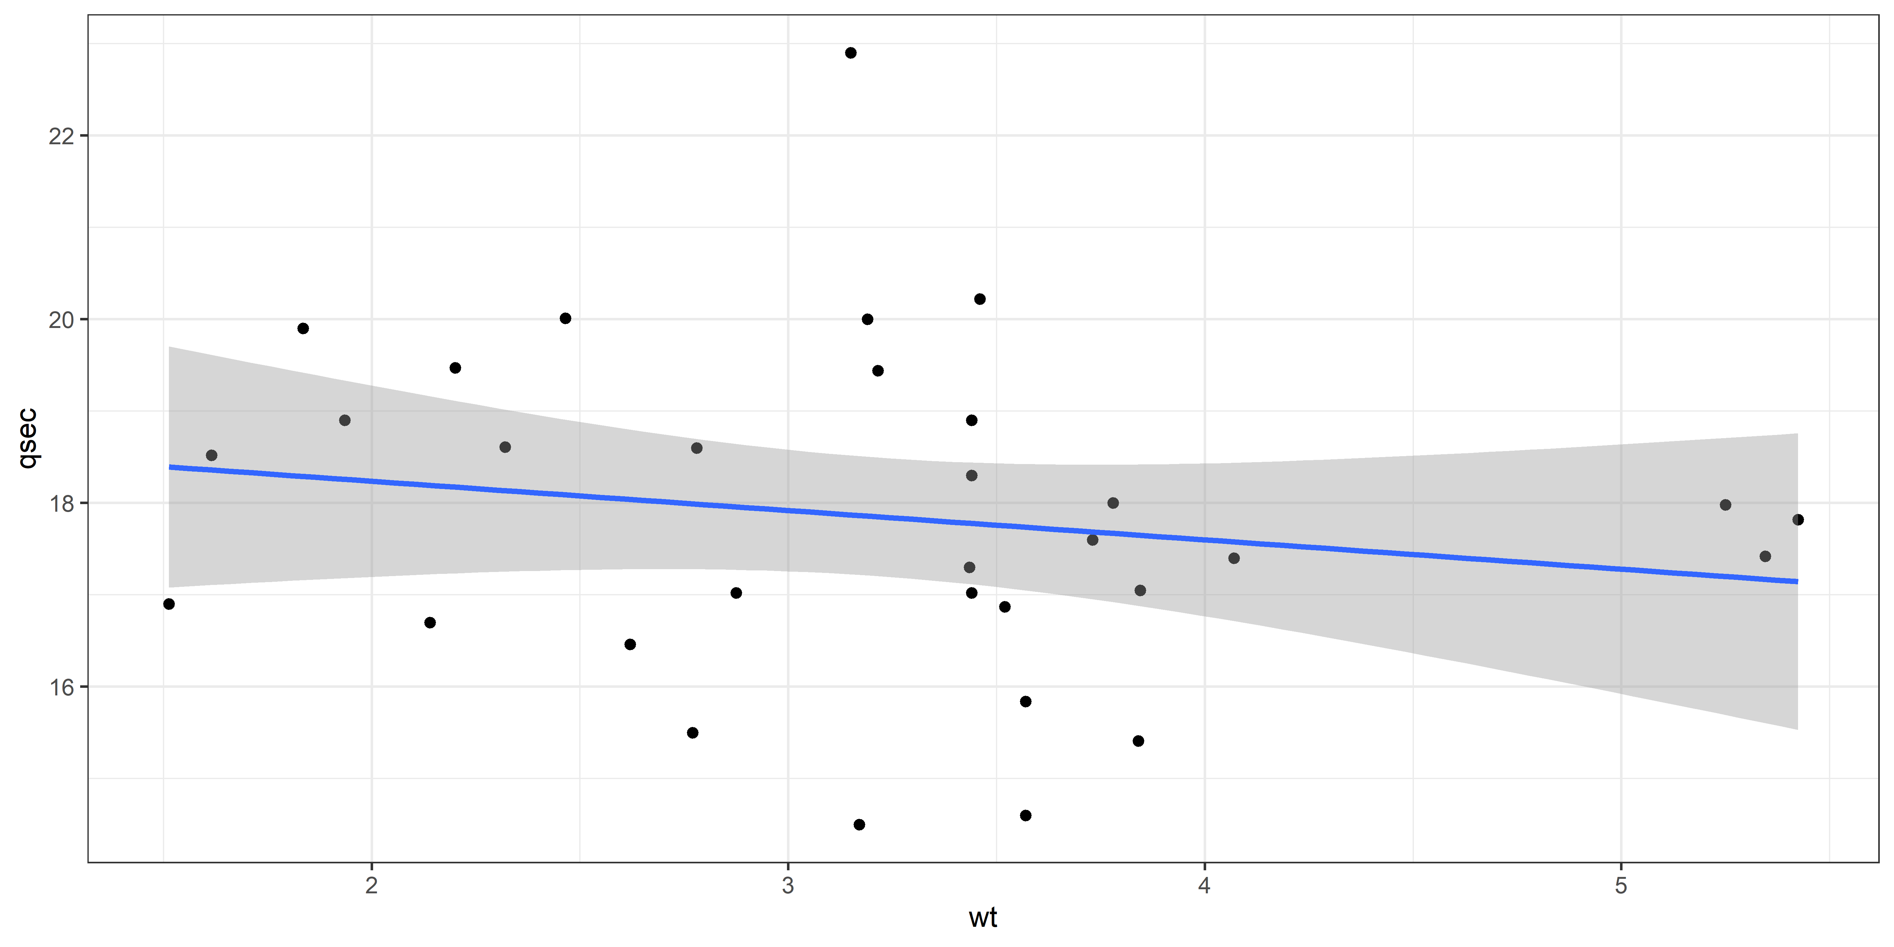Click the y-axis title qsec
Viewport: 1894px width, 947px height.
click(x=28, y=439)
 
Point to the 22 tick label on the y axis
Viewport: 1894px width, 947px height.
click(x=62, y=136)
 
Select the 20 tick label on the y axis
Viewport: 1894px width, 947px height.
click(x=62, y=320)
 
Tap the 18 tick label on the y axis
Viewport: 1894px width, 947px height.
click(x=62, y=503)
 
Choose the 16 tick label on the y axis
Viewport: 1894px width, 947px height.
click(x=62, y=688)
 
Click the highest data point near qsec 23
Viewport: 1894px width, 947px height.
click(x=851, y=53)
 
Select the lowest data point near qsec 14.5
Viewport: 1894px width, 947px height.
click(x=859, y=825)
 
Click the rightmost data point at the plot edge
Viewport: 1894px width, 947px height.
click(x=1798, y=520)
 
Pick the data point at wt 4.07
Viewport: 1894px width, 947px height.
click(x=1234, y=558)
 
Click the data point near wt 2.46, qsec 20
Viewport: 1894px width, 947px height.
click(x=565, y=319)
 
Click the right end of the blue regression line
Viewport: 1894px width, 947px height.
click(x=1796, y=581)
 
